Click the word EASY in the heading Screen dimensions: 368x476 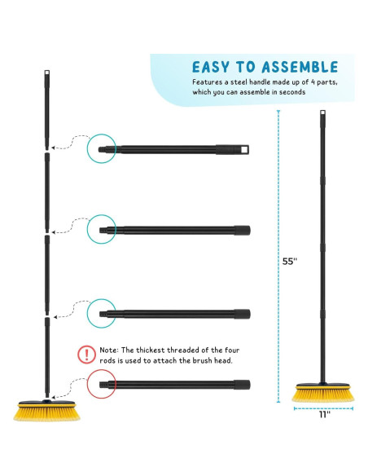coord(210,67)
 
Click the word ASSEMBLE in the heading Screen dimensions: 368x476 coord(300,67)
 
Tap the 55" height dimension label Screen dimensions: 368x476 coord(290,262)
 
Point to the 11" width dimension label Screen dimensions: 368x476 coord(324,415)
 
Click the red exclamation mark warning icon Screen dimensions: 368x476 coord(86,355)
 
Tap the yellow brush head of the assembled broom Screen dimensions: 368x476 coord(323,393)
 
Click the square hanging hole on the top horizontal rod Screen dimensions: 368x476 coord(244,150)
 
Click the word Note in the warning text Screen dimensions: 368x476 coord(108,350)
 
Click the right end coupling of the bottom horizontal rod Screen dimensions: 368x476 coord(242,385)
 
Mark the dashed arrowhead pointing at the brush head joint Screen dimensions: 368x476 coord(54,397)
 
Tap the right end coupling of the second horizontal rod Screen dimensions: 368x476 coord(242,231)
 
